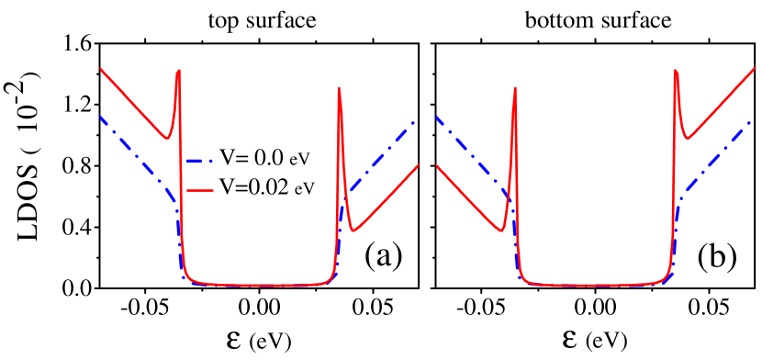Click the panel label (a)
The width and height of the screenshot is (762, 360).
click(x=383, y=256)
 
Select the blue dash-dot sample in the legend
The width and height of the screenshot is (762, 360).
click(x=200, y=161)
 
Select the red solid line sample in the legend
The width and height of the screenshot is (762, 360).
click(x=200, y=190)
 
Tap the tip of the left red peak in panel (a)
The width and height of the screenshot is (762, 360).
click(x=178, y=70)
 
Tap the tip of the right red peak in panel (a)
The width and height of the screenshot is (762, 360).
click(x=340, y=88)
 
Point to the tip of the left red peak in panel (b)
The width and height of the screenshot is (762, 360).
click(x=514, y=89)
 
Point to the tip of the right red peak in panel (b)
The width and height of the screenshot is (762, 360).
click(x=676, y=71)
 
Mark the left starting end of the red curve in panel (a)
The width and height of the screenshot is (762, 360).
click(x=101, y=69)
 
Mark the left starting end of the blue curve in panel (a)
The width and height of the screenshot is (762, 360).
click(x=101, y=117)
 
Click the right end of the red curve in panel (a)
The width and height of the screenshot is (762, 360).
click(x=420, y=165)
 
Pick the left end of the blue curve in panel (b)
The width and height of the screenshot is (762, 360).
click(x=435, y=117)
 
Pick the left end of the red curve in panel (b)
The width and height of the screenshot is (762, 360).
click(x=435, y=165)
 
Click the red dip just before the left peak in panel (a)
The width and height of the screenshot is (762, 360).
click(x=166, y=138)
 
